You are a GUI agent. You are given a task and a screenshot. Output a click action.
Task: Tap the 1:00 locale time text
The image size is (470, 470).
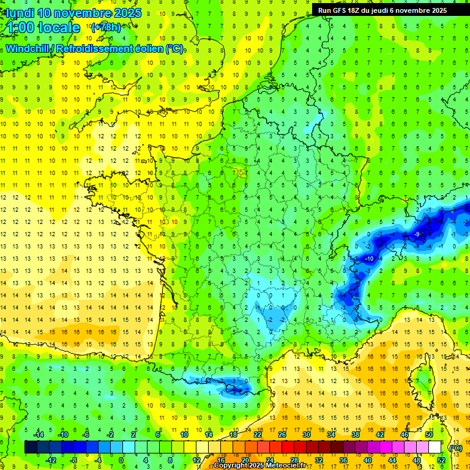point(43,28)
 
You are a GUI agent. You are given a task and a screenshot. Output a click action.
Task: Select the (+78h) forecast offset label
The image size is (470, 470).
point(106,27)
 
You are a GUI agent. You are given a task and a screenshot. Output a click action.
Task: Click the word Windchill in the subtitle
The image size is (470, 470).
point(28,48)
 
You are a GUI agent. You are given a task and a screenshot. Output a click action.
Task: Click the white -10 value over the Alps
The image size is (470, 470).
point(369,259)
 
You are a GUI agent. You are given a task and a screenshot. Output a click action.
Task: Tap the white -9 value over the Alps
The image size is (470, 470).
point(417,234)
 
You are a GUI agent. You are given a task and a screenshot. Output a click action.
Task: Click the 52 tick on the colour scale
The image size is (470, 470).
point(441,460)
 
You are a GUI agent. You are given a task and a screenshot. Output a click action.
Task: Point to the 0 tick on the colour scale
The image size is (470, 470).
point(121,460)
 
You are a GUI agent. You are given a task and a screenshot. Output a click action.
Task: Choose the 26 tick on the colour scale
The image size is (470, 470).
point(282,434)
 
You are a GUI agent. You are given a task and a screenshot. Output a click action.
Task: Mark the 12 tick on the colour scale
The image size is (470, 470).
point(196,460)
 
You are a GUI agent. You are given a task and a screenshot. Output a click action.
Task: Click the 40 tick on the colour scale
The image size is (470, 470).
point(368,460)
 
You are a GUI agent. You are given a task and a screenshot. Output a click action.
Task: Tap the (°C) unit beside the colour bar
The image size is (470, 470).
point(455,447)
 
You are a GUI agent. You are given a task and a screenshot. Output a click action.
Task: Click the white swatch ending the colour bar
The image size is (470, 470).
point(435,447)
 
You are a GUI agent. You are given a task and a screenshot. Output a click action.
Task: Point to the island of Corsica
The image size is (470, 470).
point(422,379)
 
